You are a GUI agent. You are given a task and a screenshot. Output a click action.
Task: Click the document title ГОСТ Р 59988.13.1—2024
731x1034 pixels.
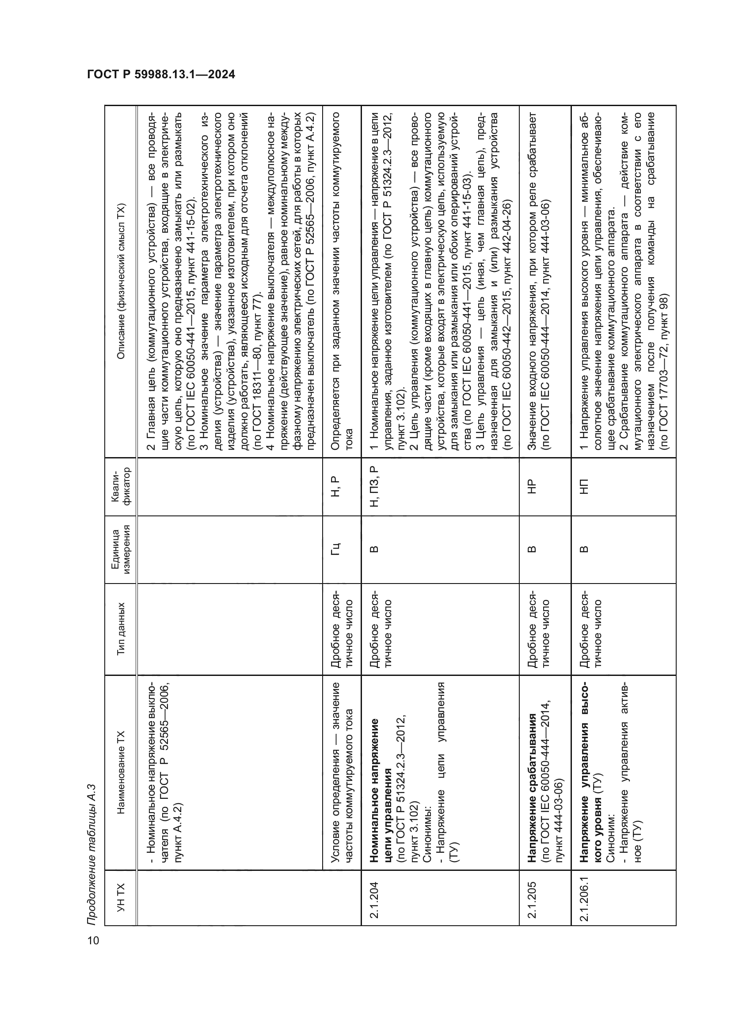pyautogui.click(x=161, y=75)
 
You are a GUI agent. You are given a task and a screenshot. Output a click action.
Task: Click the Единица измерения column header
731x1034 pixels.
pyautogui.click(x=121, y=549)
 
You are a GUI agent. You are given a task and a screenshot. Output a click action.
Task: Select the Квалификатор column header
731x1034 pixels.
pyautogui.click(x=121, y=487)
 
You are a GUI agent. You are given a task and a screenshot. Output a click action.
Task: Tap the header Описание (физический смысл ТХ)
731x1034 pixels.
pyautogui.click(x=121, y=282)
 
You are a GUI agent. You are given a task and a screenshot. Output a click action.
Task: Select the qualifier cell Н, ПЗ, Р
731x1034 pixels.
pyautogui.click(x=373, y=487)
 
